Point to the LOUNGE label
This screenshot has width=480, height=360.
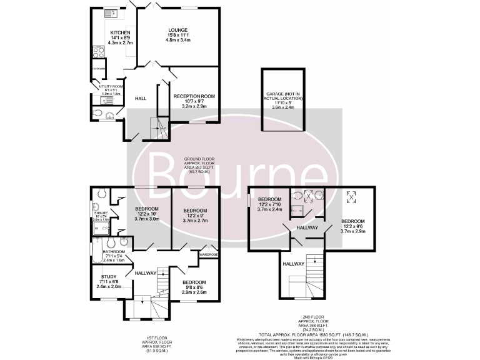pos(177,29)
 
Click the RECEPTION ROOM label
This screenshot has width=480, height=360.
pos(194,96)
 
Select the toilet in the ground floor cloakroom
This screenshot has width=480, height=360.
pos(96,113)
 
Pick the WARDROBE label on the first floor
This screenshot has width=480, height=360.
pos(208,254)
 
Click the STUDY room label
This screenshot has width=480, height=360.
pos(109,276)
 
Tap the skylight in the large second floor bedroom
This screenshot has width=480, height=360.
pos(352,198)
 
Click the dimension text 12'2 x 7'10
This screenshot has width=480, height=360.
pos(271,204)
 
